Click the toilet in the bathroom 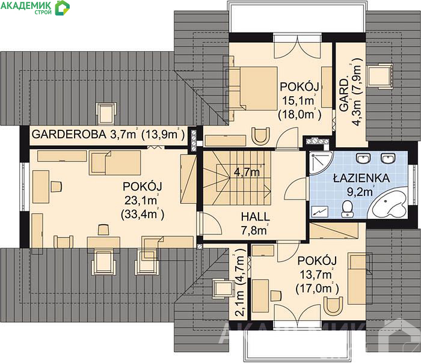pos(347,209)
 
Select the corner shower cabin pos(321,163)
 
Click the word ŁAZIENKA pos(361,178)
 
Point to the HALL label pos(255,217)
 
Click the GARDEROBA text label pos(69,134)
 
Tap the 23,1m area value pos(141,200)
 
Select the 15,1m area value pos(298,100)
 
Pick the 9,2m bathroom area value pos(360,192)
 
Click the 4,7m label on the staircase pos(247,172)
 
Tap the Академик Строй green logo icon pos(62,8)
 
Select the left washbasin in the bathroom pos(363,158)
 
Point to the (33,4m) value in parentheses pos(143,215)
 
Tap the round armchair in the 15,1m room pos(260,136)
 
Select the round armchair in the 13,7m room pos(333,305)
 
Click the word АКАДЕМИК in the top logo pos(26,5)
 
